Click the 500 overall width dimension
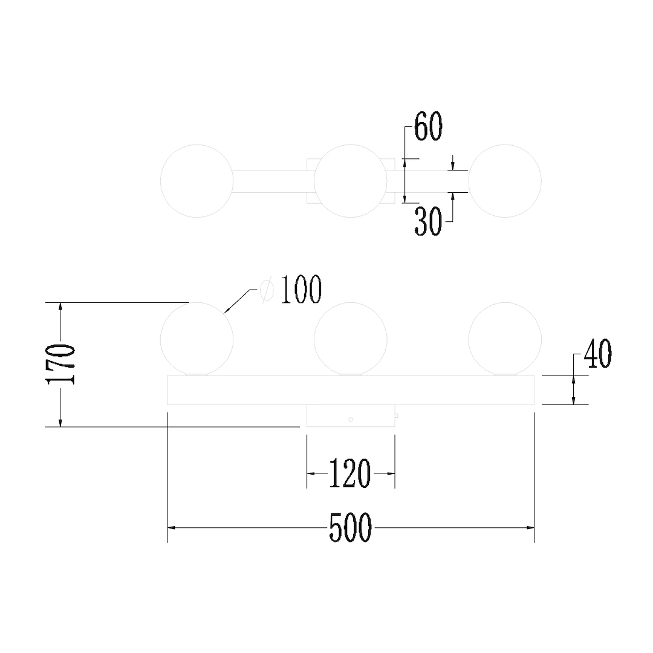click(350, 528)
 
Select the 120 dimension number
click(350, 473)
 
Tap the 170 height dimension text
click(61, 364)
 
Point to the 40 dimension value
click(597, 354)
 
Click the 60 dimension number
click(428, 126)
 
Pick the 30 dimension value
click(427, 222)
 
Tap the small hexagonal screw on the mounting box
click(351, 420)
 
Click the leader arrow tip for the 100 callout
click(224, 313)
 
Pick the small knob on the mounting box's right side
click(397, 415)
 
